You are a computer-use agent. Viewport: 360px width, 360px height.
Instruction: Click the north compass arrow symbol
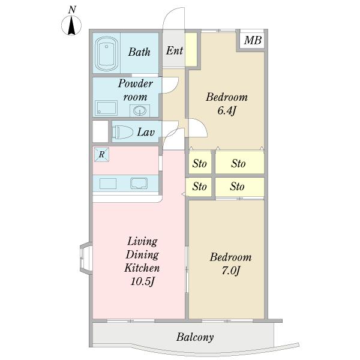tap(71, 25)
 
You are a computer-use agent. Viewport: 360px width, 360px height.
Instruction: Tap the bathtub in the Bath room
tap(107, 54)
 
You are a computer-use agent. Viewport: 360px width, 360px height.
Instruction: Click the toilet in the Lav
tap(124, 132)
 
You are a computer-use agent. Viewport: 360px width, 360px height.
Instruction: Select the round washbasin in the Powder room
tap(140, 111)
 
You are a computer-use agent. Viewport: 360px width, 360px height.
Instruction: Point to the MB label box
tap(253, 40)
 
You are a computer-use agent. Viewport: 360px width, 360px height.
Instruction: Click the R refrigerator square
tap(101, 154)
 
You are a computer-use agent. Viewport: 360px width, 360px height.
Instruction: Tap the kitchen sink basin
tap(139, 184)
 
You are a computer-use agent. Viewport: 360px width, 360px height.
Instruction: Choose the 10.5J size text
tap(142, 282)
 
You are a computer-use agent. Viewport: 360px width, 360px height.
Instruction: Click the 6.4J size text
tap(227, 111)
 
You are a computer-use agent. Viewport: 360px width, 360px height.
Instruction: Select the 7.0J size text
tap(231, 271)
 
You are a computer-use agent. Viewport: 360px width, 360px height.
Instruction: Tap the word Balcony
tap(195, 337)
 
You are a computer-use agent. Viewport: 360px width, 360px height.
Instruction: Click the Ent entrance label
tap(175, 51)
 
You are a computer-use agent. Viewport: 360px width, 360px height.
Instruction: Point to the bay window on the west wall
tap(86, 258)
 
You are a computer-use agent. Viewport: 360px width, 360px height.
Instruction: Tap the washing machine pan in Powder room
tap(106, 108)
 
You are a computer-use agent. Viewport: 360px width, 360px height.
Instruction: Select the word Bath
tap(139, 52)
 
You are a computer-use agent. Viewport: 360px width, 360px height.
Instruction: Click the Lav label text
tap(146, 132)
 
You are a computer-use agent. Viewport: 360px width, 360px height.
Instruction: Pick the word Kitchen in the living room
tap(142, 268)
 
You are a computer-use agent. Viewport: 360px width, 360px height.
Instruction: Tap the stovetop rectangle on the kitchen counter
tap(108, 184)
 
